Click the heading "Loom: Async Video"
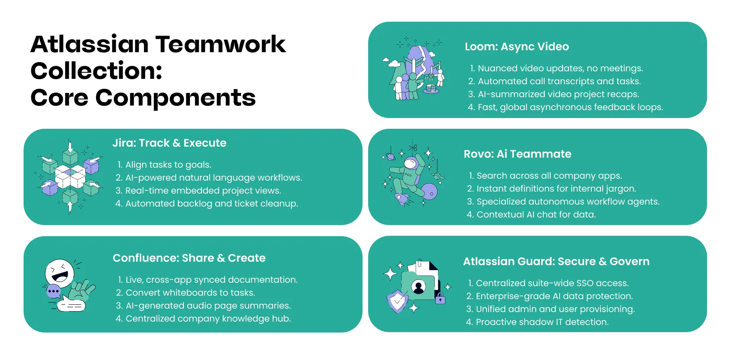point(517,46)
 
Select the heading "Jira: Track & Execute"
point(169,143)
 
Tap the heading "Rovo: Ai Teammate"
point(517,154)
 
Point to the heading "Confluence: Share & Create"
point(189,258)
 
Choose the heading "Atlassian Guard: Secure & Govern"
point(556,261)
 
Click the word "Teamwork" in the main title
point(220,44)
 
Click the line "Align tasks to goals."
point(168,165)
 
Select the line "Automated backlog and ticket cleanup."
point(211,203)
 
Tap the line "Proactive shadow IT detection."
point(542,322)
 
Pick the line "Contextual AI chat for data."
point(536,214)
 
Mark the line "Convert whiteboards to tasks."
point(190,293)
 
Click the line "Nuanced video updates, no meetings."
point(560,68)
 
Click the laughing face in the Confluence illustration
point(60,273)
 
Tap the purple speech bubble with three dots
point(53,291)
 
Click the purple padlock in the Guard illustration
point(440,299)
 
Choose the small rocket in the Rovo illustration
point(401,198)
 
